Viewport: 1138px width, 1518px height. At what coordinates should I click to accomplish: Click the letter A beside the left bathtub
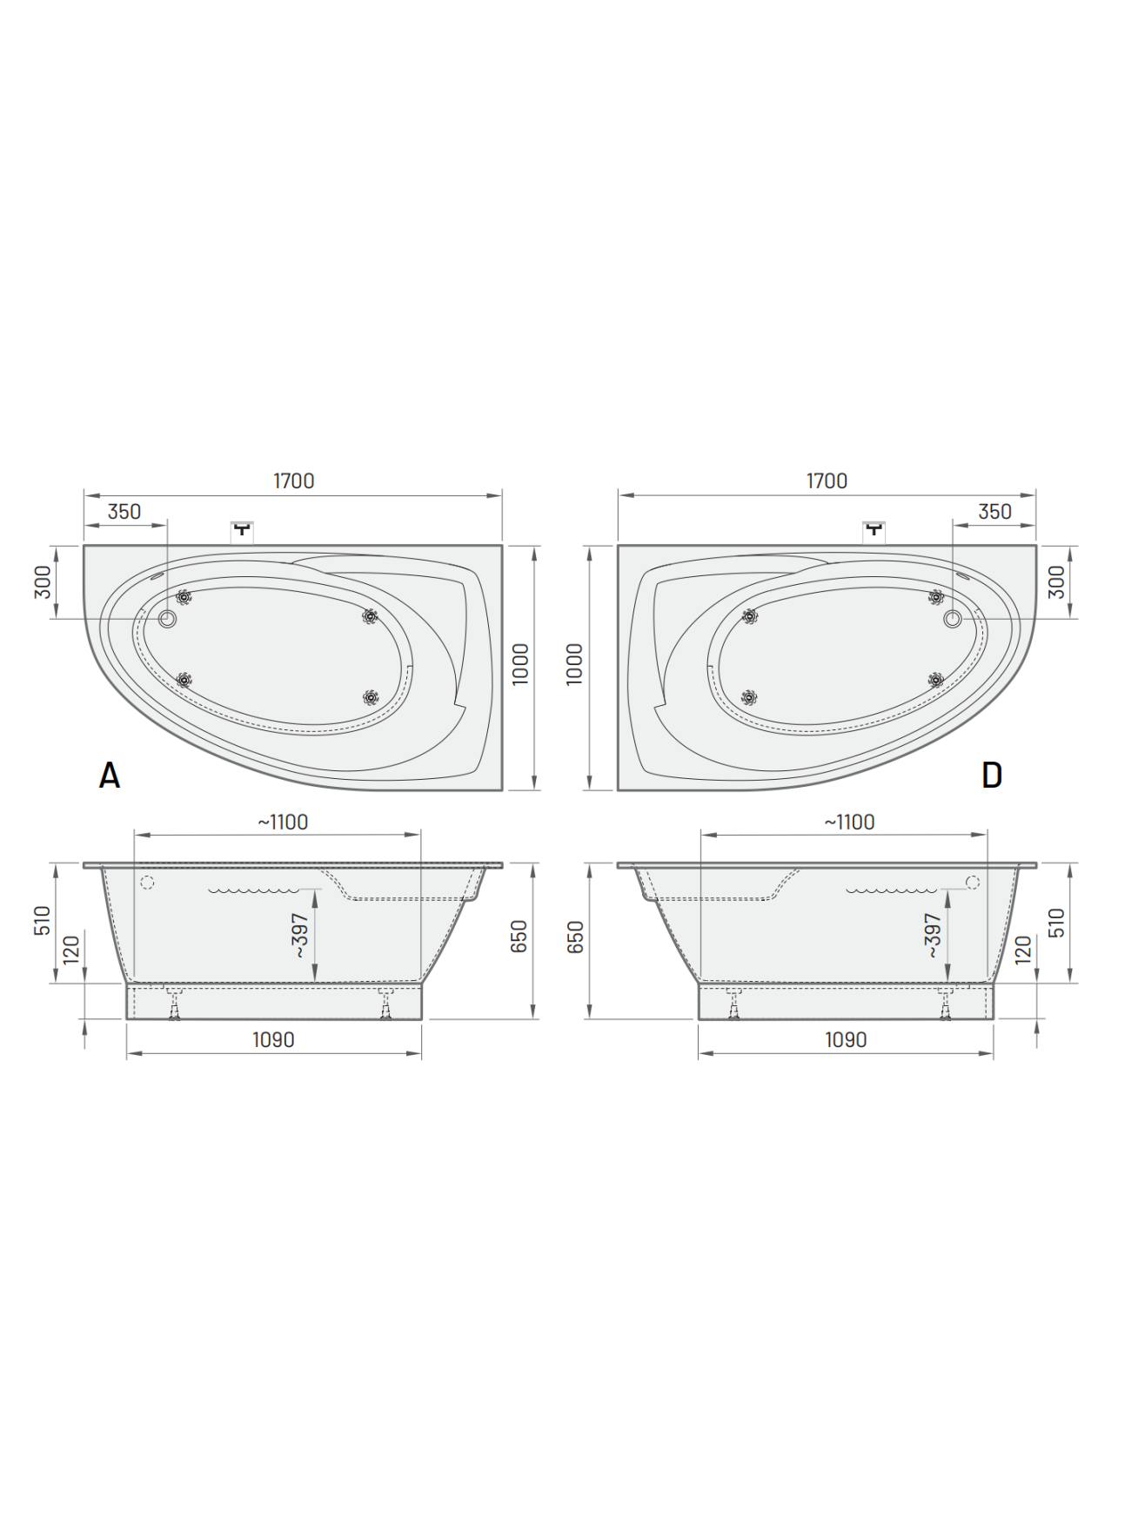pyautogui.click(x=110, y=775)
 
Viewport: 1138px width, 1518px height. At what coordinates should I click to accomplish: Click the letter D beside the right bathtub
pyautogui.click(x=992, y=775)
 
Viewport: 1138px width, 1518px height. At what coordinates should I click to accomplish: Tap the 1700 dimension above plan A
pyautogui.click(x=294, y=480)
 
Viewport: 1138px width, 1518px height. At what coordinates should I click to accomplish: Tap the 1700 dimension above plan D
pyautogui.click(x=827, y=480)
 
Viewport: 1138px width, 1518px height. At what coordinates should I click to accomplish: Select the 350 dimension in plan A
pyautogui.click(x=124, y=512)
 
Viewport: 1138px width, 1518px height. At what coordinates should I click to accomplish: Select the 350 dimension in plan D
pyautogui.click(x=994, y=512)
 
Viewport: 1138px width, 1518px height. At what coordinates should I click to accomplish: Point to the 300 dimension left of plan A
pyautogui.click(x=43, y=582)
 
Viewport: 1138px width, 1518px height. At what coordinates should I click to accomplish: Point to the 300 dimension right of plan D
pyautogui.click(x=1056, y=582)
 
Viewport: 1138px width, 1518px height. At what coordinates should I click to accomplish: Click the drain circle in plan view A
pyautogui.click(x=167, y=619)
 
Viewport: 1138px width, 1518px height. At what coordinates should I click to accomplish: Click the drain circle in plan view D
pyautogui.click(x=953, y=619)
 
